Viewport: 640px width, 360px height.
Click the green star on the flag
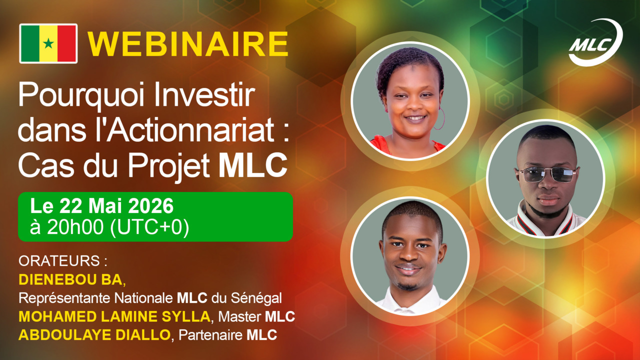[x=48, y=43]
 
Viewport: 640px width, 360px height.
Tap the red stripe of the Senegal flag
[x=66, y=43]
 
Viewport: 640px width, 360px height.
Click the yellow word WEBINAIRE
[x=187, y=44]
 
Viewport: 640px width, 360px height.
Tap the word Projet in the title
[x=169, y=166]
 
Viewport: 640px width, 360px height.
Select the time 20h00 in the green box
[x=75, y=227]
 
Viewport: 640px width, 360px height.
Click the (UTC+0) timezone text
[x=149, y=228]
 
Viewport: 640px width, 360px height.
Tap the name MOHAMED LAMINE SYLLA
[x=114, y=316]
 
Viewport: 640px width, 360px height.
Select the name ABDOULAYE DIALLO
[x=94, y=335]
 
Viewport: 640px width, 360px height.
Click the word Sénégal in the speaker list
[x=256, y=298]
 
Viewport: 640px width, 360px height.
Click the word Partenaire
[x=210, y=335]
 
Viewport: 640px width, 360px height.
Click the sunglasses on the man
[x=547, y=174]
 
